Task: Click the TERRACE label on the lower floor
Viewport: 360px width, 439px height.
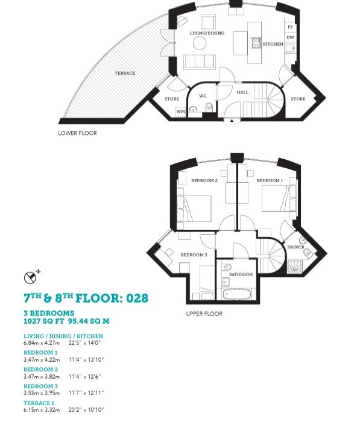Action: (125, 73)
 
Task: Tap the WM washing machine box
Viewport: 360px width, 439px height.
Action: (181, 112)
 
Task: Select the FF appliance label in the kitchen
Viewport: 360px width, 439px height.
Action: (290, 27)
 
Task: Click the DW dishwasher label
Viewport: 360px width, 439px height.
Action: (290, 37)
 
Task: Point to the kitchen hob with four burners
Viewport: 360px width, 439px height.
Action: (256, 43)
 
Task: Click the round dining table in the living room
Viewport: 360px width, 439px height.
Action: (200, 43)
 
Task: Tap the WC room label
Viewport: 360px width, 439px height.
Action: (203, 96)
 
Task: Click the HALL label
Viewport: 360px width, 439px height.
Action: (242, 92)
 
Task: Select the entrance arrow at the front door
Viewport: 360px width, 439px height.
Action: (232, 121)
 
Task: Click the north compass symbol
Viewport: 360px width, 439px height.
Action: (30, 277)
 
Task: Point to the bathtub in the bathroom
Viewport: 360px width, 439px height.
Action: (237, 294)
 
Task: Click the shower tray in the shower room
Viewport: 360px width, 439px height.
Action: (294, 267)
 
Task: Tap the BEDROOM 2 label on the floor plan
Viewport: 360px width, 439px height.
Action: (204, 180)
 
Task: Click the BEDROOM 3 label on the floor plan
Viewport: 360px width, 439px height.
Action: (194, 254)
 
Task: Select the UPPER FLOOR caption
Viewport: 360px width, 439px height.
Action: (204, 314)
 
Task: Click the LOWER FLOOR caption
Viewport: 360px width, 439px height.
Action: (78, 133)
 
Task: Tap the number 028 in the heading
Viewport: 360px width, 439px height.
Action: (137, 298)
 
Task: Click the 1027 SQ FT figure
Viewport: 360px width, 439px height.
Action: (44, 321)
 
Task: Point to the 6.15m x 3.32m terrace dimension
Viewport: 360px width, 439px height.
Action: (42, 409)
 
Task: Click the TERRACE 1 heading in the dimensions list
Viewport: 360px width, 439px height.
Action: (39, 403)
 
